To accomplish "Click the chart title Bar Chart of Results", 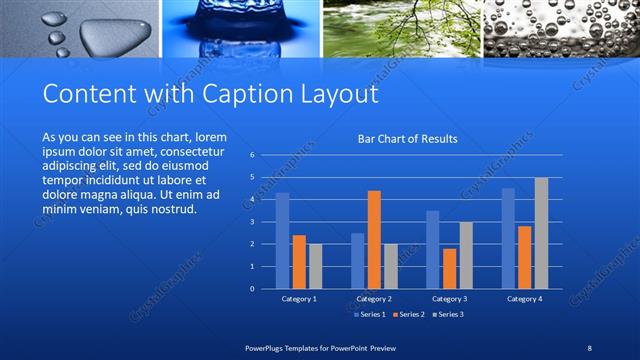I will [x=407, y=139].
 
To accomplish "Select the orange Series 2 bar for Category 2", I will [x=374, y=239].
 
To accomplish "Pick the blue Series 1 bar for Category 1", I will [x=282, y=240].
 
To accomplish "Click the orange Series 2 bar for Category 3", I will [x=449, y=268].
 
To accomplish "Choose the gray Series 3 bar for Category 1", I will [x=315, y=266].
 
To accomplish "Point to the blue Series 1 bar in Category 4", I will [x=508, y=238].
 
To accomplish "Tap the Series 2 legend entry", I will [x=411, y=315].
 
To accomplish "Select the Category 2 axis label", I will [x=374, y=298].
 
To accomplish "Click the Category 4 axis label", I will [x=524, y=298].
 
